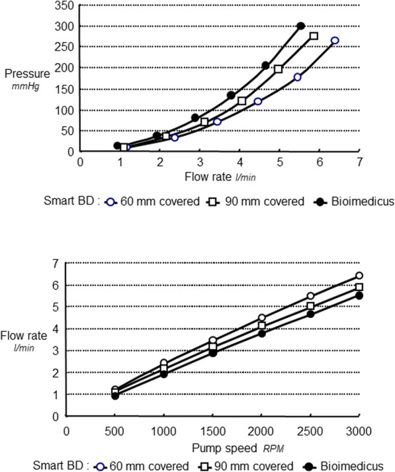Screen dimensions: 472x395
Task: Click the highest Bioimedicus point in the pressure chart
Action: click(301, 26)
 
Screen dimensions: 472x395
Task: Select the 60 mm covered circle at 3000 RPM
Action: click(359, 276)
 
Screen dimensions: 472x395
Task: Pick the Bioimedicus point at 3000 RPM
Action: click(359, 295)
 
